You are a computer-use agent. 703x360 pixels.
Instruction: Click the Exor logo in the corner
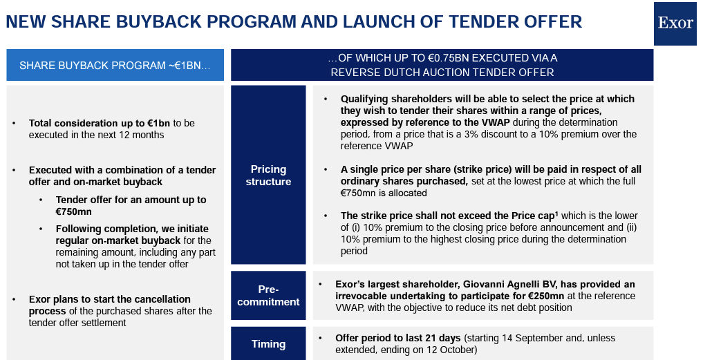(675, 23)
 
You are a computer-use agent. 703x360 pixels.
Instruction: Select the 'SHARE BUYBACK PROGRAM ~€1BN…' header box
(115, 66)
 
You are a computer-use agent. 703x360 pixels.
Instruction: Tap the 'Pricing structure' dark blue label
(268, 175)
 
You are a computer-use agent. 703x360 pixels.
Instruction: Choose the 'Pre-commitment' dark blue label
(268, 295)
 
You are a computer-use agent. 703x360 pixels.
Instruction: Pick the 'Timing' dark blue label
(268, 343)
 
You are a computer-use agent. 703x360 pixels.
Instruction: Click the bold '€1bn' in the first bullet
(156, 123)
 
